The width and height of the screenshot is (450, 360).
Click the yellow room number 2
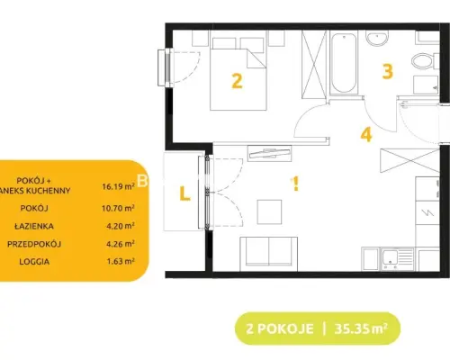[x=237, y=81]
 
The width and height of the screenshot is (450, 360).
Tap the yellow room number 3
[x=388, y=72]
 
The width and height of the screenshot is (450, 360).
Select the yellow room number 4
[x=366, y=134]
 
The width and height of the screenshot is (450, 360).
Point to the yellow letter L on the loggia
[x=184, y=193]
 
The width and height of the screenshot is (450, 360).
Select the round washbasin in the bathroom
[x=377, y=38]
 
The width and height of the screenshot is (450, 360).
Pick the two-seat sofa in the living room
[x=269, y=254]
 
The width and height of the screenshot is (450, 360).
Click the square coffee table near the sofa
[x=269, y=211]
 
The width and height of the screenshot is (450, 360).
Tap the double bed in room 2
[x=238, y=74]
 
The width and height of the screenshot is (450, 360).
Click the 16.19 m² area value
[x=118, y=186]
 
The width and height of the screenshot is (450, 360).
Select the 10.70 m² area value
[x=118, y=208]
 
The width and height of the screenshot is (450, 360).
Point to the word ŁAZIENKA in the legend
[x=34, y=226]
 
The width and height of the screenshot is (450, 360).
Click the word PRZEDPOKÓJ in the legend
[x=34, y=244]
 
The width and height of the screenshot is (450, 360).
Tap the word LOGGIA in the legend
[x=34, y=262]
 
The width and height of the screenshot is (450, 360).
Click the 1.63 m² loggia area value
[x=121, y=261]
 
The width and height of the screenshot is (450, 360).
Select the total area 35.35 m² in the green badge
[x=361, y=328]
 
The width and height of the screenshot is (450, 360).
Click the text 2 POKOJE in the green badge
[x=280, y=329]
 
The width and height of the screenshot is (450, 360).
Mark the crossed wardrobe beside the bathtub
[x=314, y=64]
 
